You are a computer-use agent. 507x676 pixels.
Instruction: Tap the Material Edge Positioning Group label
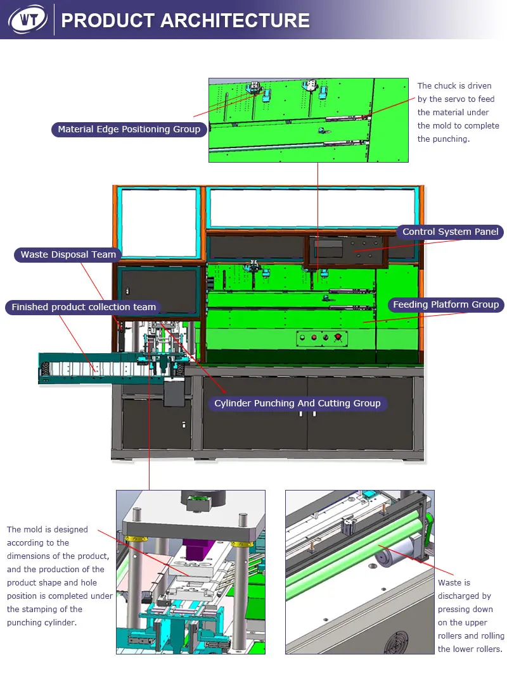(x=129, y=130)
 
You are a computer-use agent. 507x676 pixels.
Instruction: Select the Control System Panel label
(x=450, y=232)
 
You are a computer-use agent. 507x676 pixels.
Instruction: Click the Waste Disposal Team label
(x=68, y=254)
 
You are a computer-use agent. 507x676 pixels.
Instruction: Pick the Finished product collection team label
(x=83, y=307)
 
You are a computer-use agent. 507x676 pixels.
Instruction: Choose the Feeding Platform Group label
(x=446, y=304)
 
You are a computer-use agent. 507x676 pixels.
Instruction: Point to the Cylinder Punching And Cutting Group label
(x=297, y=403)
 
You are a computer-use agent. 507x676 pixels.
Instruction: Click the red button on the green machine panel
(x=337, y=337)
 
